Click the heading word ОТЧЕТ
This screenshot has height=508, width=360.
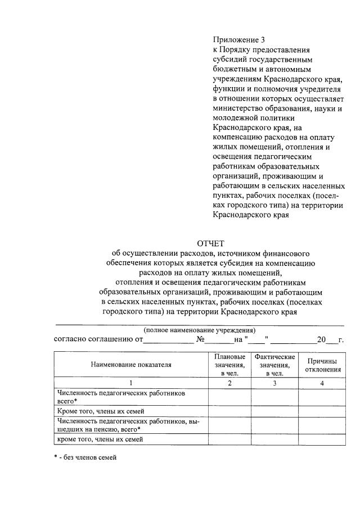coord(210,243)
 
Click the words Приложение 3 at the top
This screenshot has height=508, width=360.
coord(238,40)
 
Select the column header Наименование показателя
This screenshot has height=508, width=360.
coord(130,364)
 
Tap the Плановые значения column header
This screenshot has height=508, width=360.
coord(229,364)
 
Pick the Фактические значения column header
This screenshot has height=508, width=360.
coord(274,364)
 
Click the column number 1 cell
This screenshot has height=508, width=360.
coord(130,383)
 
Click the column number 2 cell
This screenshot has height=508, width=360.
coord(229,383)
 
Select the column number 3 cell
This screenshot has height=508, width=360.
coord(274,383)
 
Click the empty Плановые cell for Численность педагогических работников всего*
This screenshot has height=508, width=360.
coord(229,397)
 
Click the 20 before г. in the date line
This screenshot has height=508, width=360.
coord(321,340)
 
